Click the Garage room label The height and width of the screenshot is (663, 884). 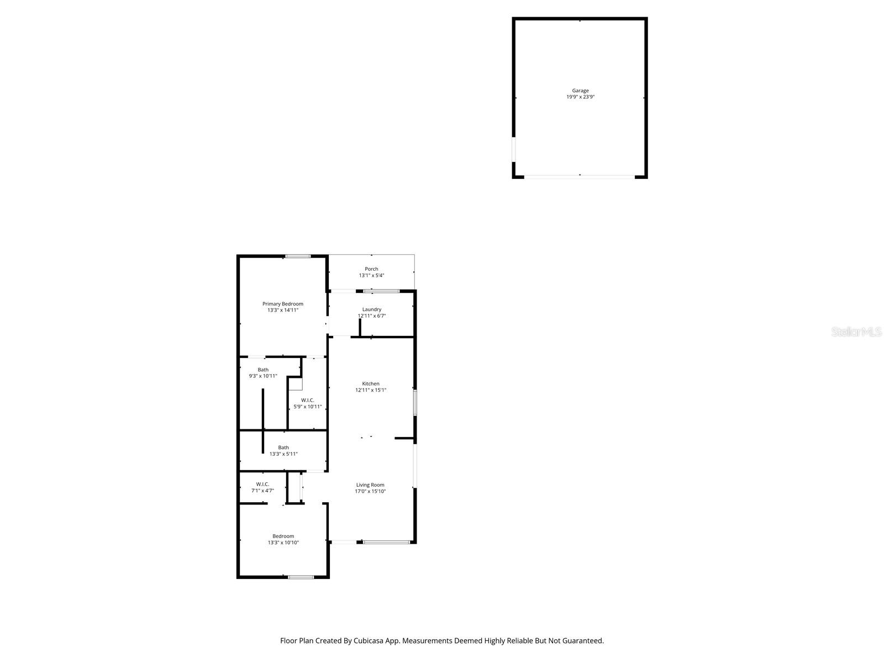click(580, 91)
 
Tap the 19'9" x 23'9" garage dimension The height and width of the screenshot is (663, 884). click(580, 97)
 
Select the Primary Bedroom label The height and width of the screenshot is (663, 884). click(282, 304)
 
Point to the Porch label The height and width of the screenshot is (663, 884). click(371, 269)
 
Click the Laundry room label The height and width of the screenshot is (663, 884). click(372, 309)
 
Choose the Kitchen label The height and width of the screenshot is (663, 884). click(371, 383)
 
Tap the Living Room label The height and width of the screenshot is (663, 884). click(370, 485)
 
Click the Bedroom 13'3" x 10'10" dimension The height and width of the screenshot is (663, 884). click(283, 543)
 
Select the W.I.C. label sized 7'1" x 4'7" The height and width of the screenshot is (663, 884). click(262, 484)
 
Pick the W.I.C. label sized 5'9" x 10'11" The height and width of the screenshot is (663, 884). click(308, 400)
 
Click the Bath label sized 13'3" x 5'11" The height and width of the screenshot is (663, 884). click(283, 448)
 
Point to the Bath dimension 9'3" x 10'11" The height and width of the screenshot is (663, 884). click(263, 376)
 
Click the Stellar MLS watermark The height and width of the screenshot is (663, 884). click(856, 332)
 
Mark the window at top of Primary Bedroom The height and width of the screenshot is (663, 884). click(298, 256)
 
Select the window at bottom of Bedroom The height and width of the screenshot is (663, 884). click(301, 577)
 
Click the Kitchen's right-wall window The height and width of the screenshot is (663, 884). click(415, 403)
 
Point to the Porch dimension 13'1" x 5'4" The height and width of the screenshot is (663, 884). click(371, 275)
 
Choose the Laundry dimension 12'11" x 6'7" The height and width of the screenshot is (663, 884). click(372, 316)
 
